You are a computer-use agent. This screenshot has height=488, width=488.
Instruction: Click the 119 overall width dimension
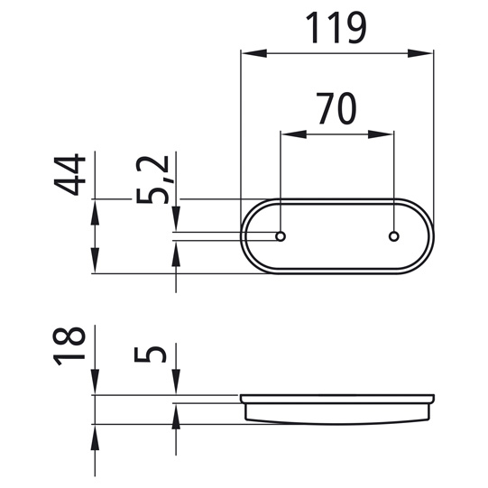click(336, 28)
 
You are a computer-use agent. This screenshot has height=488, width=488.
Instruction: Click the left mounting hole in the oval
click(281, 236)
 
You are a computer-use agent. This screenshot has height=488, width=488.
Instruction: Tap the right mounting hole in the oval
click(393, 236)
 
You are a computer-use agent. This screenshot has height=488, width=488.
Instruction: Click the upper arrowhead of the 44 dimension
click(95, 211)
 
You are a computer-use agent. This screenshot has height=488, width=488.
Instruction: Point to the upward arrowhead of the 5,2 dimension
click(176, 253)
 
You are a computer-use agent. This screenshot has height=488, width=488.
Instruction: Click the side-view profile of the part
click(336, 408)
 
